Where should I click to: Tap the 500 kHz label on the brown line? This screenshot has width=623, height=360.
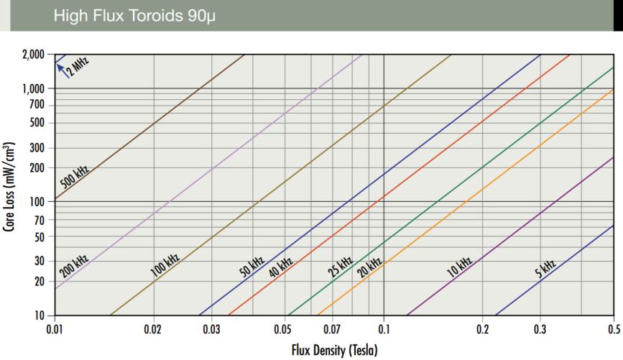[74, 177]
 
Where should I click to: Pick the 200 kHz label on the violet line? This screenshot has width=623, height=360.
[73, 266]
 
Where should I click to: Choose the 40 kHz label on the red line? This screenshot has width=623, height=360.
[280, 267]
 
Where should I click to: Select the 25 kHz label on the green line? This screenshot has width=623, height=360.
[340, 267]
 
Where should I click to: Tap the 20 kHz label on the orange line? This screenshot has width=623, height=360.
[369, 267]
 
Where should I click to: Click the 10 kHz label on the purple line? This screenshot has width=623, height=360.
[458, 267]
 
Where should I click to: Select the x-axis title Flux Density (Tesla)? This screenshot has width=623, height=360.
[334, 351]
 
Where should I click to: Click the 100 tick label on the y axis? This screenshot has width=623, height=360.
[38, 202]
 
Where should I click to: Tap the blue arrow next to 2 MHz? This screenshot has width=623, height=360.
[60, 67]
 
